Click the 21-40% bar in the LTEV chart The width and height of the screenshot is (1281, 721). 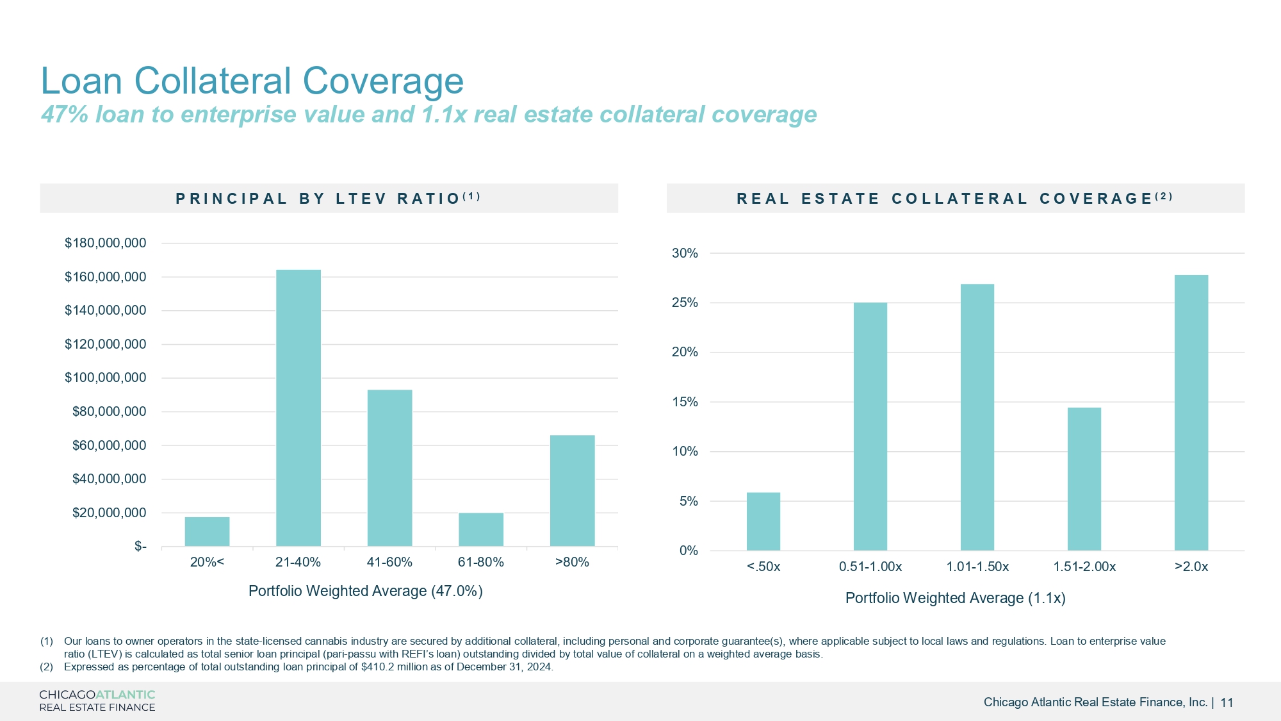pyautogui.click(x=298, y=408)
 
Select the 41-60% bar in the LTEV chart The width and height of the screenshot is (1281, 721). pyautogui.click(x=389, y=468)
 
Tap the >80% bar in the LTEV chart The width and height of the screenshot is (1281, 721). pyautogui.click(x=572, y=490)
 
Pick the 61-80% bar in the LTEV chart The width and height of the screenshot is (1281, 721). pyautogui.click(x=480, y=529)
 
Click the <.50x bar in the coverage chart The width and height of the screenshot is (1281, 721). pyautogui.click(x=763, y=521)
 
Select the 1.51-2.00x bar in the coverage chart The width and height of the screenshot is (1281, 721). pyautogui.click(x=1084, y=479)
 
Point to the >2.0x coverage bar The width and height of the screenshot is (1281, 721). pyautogui.click(x=1191, y=412)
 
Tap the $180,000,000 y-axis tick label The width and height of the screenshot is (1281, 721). pyautogui.click(x=105, y=243)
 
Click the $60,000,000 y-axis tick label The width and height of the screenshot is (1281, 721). pyautogui.click(x=109, y=445)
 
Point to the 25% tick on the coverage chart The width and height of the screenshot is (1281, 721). pyautogui.click(x=685, y=302)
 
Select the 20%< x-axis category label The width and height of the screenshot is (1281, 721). pyautogui.click(x=207, y=562)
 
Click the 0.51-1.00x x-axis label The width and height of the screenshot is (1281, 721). pyautogui.click(x=870, y=567)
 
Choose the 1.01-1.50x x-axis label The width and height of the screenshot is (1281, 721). pyautogui.click(x=977, y=567)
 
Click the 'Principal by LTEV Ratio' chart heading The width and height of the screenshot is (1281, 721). pyautogui.click(x=328, y=198)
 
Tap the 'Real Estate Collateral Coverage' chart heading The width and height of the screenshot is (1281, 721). pyautogui.click(x=954, y=198)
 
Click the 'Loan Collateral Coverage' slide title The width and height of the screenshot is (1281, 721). pyautogui.click(x=252, y=81)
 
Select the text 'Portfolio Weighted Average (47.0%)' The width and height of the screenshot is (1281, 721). pyautogui.click(x=365, y=591)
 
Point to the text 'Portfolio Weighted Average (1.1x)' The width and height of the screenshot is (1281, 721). pyautogui.click(x=955, y=598)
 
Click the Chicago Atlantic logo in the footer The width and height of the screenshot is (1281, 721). pyautogui.click(x=97, y=700)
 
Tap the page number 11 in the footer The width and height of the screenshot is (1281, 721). pyautogui.click(x=1227, y=702)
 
